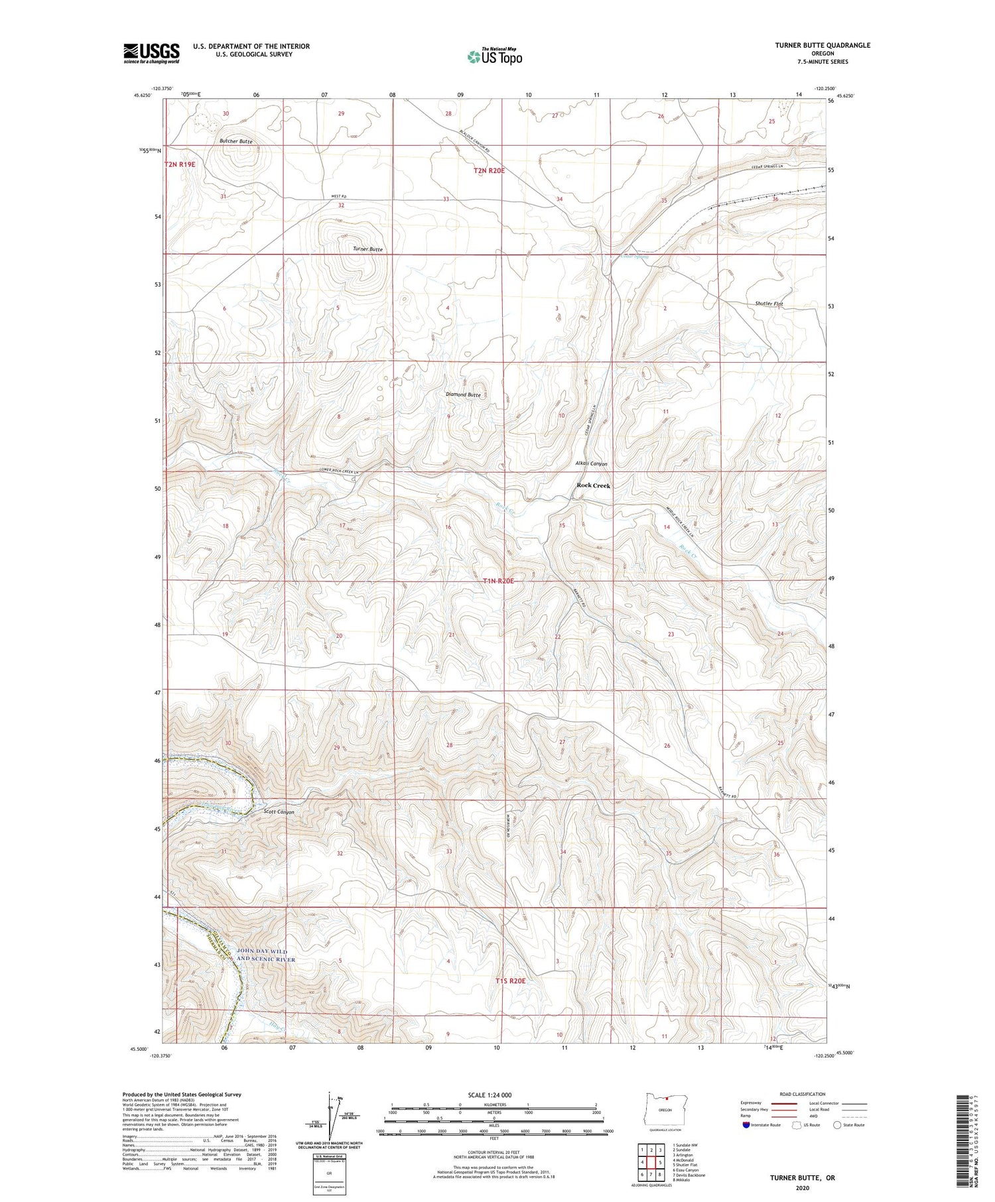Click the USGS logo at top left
pos(151,53)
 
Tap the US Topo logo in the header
pos(494,57)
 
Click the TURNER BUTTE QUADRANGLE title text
pos(822,45)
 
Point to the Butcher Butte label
pos(235,142)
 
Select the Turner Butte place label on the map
pos(367,249)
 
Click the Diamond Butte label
pos(463,394)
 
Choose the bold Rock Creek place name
pos(593,485)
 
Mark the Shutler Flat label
pos(769,304)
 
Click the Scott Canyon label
pos(279,811)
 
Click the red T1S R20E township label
pos(511,980)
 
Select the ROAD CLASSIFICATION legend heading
pos(802,1094)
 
